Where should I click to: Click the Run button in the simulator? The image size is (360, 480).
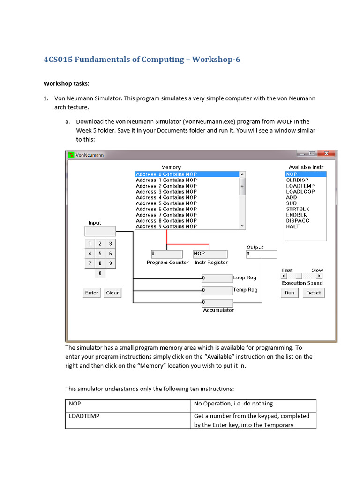click(x=290, y=292)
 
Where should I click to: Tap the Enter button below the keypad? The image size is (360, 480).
click(x=92, y=293)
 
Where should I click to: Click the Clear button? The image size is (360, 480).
click(x=112, y=293)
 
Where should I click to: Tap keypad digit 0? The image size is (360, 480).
click(x=100, y=273)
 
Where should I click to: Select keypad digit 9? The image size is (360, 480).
click(x=110, y=263)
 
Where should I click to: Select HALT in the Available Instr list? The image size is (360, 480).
click(x=292, y=226)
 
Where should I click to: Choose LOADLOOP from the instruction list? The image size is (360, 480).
click(x=300, y=192)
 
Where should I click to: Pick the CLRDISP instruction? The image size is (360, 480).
click(x=297, y=180)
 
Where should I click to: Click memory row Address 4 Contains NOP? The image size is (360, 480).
click(x=166, y=197)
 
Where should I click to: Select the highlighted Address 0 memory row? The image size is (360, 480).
click(x=187, y=174)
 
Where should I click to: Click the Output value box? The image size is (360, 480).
click(x=261, y=254)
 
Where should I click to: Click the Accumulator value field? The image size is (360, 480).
click(x=217, y=302)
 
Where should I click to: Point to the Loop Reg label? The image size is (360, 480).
click(x=245, y=278)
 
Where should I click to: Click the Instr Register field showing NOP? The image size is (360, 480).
click(x=210, y=254)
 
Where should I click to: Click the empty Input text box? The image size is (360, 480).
click(x=100, y=231)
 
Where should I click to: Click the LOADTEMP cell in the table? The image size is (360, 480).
click(x=84, y=416)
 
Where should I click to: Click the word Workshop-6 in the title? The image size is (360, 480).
click(x=216, y=60)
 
